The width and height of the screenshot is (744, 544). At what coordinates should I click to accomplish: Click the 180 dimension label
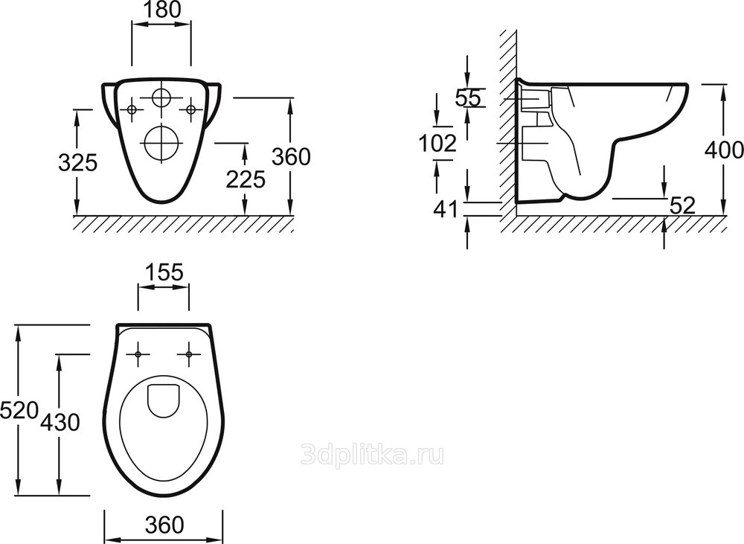click(161, 10)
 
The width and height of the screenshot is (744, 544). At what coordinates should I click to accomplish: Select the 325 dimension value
click(77, 163)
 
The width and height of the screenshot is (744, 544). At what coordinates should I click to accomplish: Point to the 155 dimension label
click(163, 272)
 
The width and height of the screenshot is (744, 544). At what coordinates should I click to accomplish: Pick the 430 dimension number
click(60, 422)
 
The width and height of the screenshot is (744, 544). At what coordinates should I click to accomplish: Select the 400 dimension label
click(724, 150)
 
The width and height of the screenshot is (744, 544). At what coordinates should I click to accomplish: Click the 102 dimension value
click(437, 143)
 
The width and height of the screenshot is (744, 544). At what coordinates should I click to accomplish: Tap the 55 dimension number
click(468, 98)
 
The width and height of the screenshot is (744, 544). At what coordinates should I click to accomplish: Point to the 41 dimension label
click(446, 209)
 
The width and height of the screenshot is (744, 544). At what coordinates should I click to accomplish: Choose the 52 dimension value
click(682, 205)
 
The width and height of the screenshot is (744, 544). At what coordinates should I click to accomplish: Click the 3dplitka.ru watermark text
click(373, 455)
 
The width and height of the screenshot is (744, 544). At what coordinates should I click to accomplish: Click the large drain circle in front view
click(161, 143)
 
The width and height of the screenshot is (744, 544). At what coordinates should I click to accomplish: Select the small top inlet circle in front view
click(161, 98)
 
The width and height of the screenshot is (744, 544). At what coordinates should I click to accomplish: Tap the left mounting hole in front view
click(132, 110)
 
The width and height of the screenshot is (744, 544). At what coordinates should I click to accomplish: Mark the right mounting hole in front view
click(190, 110)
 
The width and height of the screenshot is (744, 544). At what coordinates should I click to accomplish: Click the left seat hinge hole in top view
click(138, 354)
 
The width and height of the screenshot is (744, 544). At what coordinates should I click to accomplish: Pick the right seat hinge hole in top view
click(189, 354)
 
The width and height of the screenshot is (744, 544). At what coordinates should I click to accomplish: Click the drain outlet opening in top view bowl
click(163, 400)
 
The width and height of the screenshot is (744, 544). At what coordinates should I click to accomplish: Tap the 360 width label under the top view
click(164, 525)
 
